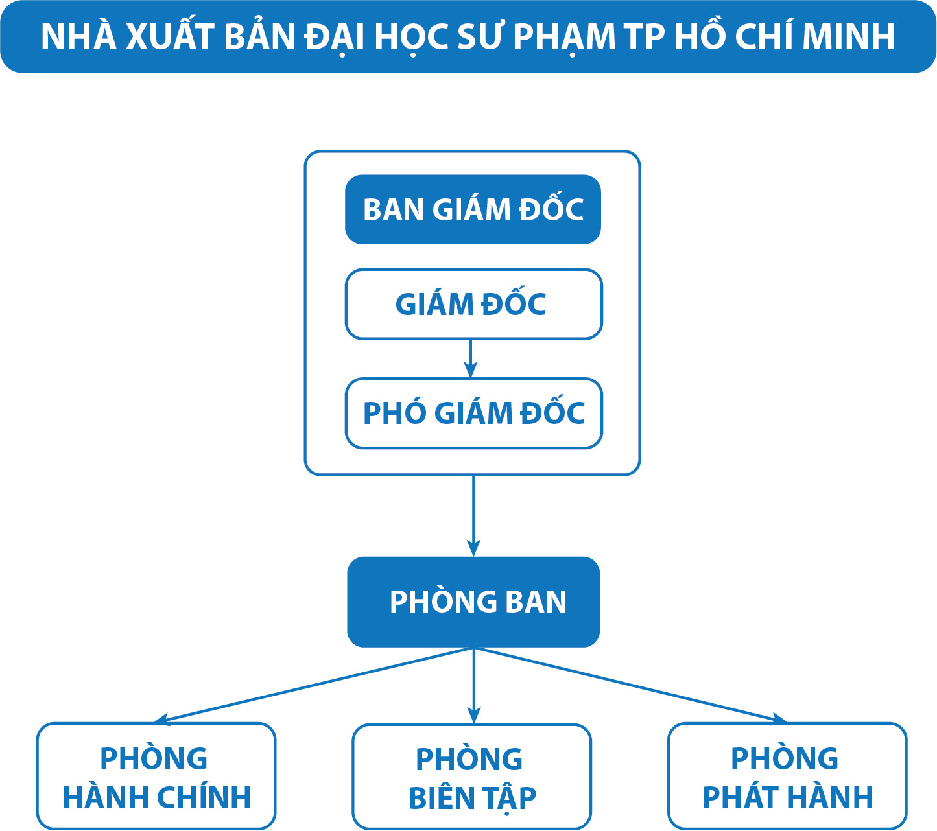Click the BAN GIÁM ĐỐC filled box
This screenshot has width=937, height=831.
click(473, 209)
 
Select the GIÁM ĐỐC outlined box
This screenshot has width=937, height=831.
click(473, 304)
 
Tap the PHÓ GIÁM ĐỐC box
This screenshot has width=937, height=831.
click(473, 414)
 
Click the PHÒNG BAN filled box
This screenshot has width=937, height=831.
click(473, 602)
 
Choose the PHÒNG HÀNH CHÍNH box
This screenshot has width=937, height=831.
click(156, 777)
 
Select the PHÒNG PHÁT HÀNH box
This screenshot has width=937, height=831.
click(787, 777)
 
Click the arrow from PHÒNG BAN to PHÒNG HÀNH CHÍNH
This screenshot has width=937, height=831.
click(311, 685)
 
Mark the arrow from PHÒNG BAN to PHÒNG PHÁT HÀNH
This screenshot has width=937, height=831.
click(632, 685)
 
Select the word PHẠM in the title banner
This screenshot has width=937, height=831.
click(563, 37)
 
